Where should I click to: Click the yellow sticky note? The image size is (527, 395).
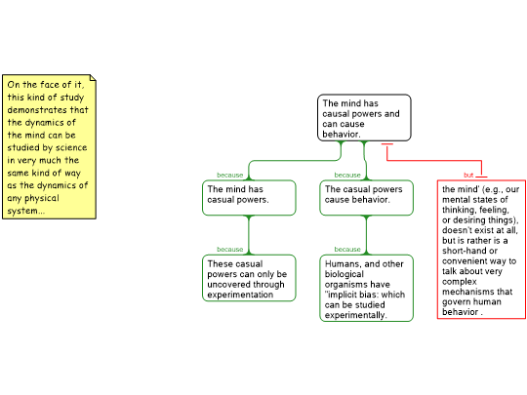pyautogui.click(x=49, y=146)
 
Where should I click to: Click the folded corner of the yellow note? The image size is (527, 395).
pyautogui.click(x=93, y=78)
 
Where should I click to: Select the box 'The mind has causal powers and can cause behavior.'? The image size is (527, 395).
pyautogui.click(x=364, y=118)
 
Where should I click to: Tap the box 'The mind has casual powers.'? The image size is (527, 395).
pyautogui.click(x=249, y=198)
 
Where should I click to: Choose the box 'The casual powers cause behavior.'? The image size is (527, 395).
pyautogui.click(x=366, y=198)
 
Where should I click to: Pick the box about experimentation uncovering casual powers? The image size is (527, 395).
pyautogui.click(x=249, y=278)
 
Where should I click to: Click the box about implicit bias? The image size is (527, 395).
pyautogui.click(x=366, y=288)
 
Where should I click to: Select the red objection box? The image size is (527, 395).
pyautogui.click(x=481, y=250)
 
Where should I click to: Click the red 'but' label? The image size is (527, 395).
pyautogui.click(x=468, y=175)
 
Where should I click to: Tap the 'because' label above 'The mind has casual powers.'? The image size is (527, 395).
pyautogui.click(x=230, y=175)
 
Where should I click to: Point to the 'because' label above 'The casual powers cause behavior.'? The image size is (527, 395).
pyautogui.click(x=347, y=175)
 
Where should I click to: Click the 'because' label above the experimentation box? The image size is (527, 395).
pyautogui.click(x=230, y=250)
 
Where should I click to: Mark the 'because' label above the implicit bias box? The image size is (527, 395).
pyautogui.click(x=347, y=250)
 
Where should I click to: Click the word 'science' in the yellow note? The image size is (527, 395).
pyautogui.click(x=71, y=148)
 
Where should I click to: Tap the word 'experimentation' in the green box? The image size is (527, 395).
pyautogui.click(x=240, y=295)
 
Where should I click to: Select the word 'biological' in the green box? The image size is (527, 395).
pyautogui.click(x=345, y=274)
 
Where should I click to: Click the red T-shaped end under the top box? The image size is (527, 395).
pyautogui.click(x=387, y=144)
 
